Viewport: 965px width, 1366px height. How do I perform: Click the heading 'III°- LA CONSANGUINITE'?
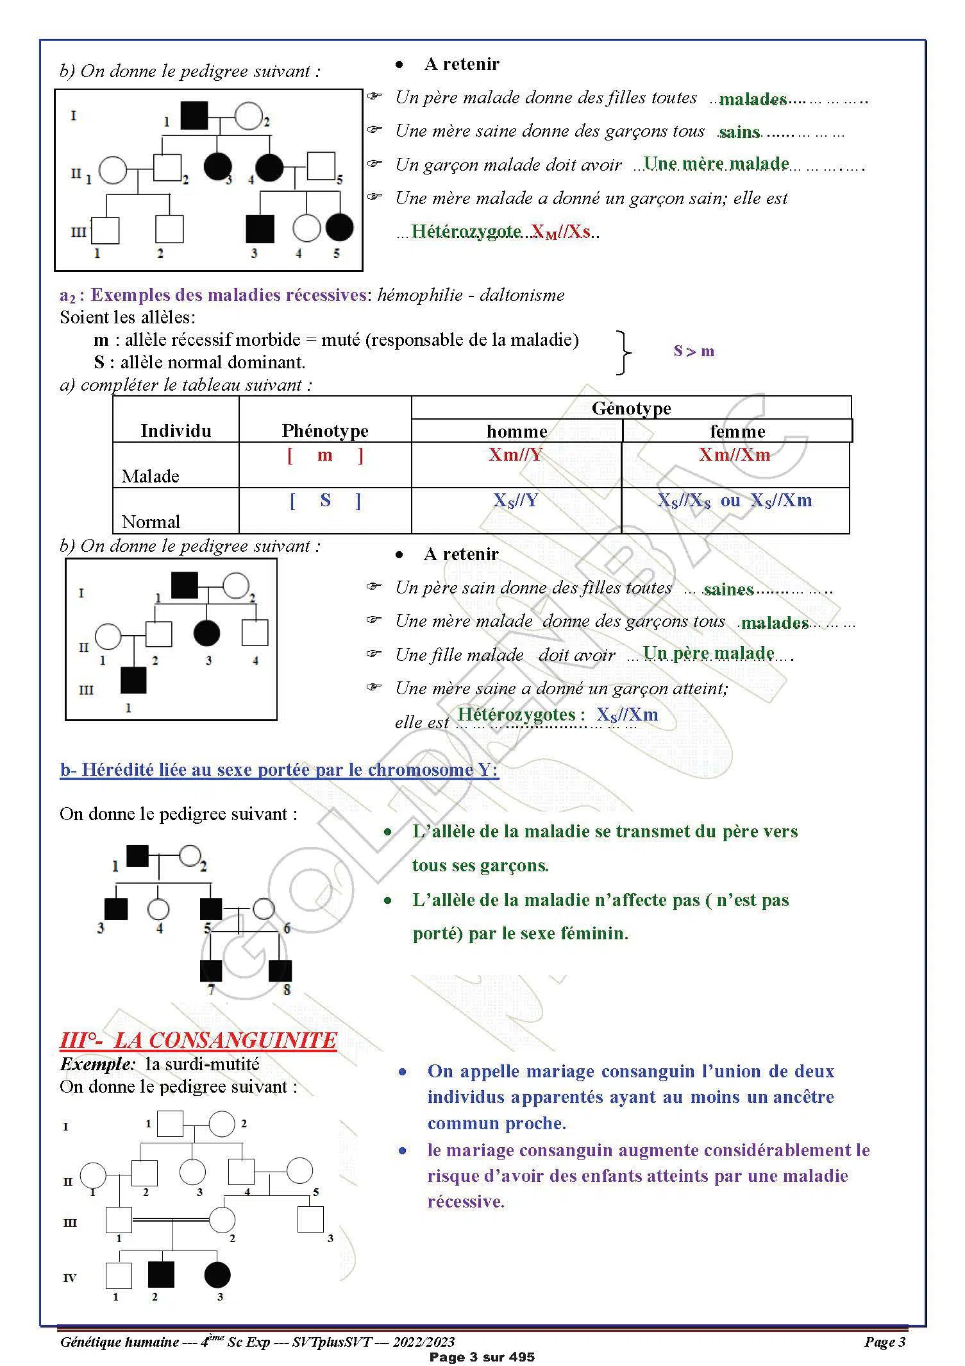198,1040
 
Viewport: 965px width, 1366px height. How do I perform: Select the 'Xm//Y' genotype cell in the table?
516,455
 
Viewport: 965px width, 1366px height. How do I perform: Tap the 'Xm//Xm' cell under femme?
734,455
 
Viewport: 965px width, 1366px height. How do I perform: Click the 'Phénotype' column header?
324,431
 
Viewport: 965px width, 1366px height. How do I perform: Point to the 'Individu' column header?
176,431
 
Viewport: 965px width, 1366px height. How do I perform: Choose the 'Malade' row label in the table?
150,476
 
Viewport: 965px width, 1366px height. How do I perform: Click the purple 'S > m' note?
694,351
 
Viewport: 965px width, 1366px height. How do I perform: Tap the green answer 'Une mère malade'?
716,164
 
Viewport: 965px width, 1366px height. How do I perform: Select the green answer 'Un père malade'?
709,653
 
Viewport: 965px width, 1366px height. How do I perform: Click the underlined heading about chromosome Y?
279,769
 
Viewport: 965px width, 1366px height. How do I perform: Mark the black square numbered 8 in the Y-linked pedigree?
280,971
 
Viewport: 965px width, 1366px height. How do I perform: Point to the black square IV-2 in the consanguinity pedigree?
161,1274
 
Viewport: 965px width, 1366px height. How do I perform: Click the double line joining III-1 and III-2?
171,1220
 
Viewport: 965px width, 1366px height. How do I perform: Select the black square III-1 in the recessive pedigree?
134,680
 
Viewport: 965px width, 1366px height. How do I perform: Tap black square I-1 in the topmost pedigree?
194,115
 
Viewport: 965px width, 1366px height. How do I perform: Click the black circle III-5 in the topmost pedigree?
339,227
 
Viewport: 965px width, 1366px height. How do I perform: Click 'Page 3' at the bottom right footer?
884,1342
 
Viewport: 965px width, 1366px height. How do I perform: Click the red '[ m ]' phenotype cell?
325,455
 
